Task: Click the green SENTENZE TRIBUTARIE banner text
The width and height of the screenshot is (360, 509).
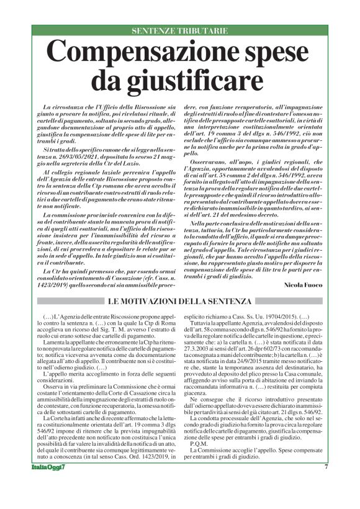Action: click(180, 30)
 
